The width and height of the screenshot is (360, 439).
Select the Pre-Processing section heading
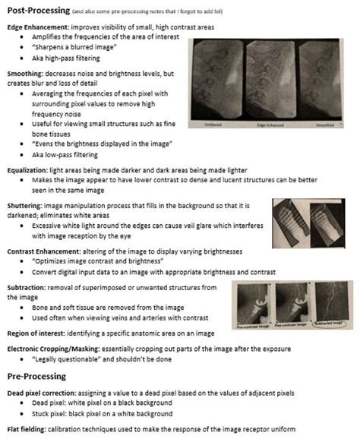tap(39, 375)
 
